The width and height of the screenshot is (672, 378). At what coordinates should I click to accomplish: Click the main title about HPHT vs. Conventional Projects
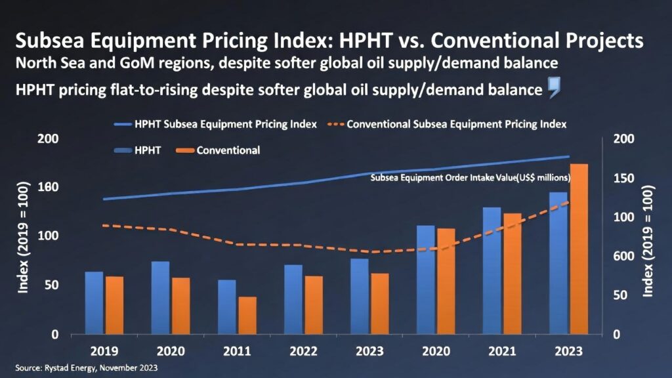[x=329, y=41]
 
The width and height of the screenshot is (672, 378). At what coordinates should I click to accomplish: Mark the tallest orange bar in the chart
[x=579, y=249]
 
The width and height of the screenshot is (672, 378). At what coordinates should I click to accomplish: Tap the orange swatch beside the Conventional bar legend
[x=184, y=150]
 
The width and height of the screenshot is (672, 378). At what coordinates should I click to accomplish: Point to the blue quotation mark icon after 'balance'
[x=553, y=89]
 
